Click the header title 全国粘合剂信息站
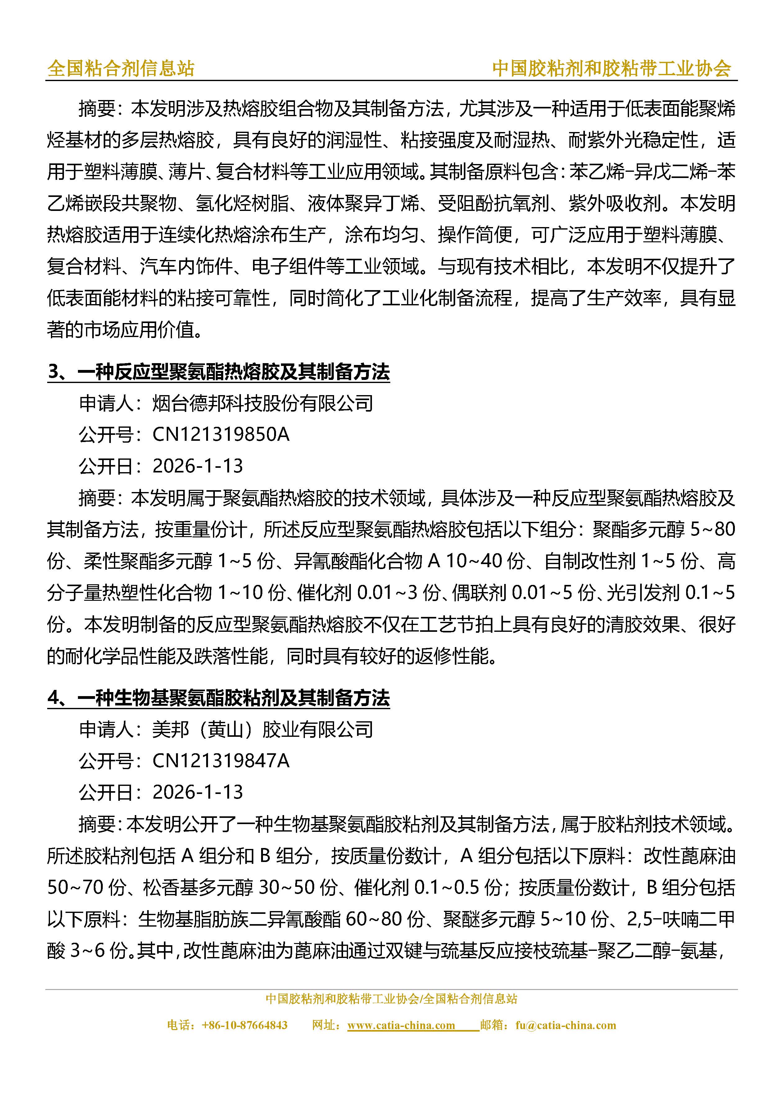(x=120, y=69)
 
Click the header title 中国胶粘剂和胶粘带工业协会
(x=611, y=69)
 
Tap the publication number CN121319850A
(x=221, y=434)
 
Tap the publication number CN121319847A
(x=221, y=760)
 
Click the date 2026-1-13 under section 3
(x=198, y=466)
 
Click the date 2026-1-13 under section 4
(x=198, y=792)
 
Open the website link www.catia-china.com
(x=401, y=1025)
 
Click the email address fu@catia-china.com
(x=565, y=1025)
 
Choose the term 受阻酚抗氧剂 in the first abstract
(x=494, y=204)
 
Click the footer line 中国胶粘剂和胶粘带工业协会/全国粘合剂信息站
(x=391, y=998)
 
